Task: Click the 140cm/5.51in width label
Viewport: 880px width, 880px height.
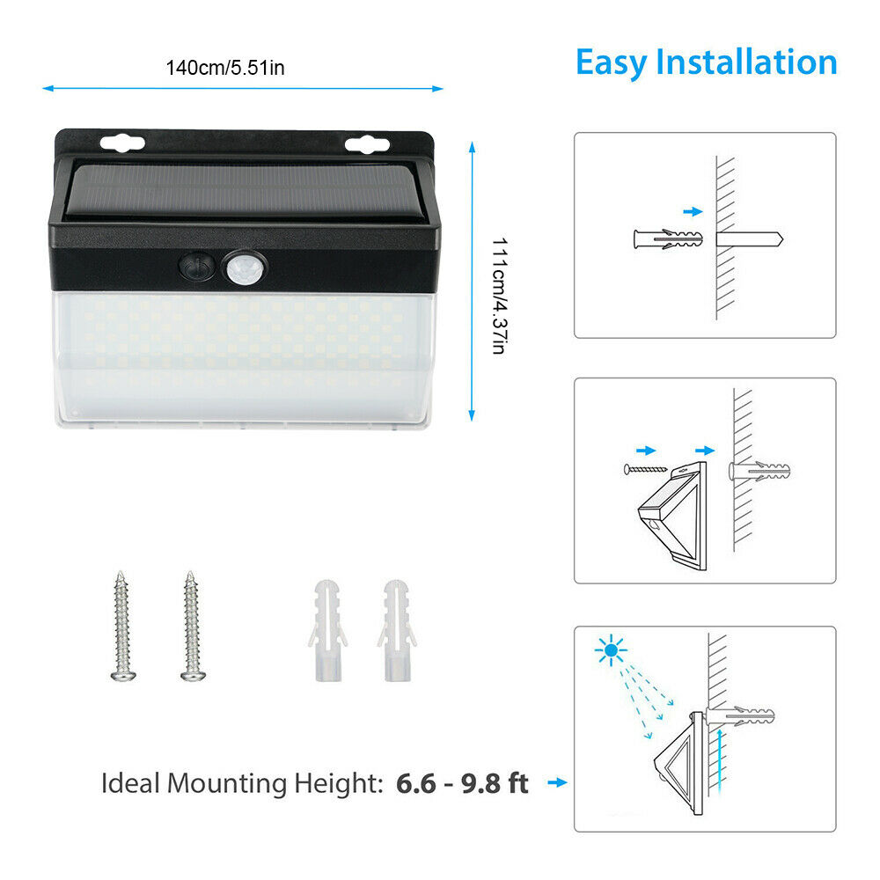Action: (x=225, y=68)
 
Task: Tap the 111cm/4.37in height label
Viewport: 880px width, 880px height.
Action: (x=500, y=296)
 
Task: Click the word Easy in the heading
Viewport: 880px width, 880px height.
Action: (x=612, y=62)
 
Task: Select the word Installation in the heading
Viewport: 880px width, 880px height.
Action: (x=746, y=62)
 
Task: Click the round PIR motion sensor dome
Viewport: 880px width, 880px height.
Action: (x=245, y=268)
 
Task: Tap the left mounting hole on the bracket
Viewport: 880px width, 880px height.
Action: (x=122, y=143)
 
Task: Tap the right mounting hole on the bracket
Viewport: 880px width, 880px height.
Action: (x=367, y=145)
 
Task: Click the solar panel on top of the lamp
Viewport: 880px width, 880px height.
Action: (x=244, y=191)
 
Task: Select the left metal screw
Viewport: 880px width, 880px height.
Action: (x=122, y=626)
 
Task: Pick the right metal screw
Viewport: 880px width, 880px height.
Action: (x=192, y=626)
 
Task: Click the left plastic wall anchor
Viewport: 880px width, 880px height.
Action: (x=327, y=630)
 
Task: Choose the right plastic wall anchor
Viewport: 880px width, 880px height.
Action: (x=398, y=630)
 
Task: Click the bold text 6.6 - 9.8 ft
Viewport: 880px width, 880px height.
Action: (x=462, y=783)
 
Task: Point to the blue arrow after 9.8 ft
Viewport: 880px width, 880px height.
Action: (x=557, y=782)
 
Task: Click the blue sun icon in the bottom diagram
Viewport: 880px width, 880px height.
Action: (x=611, y=650)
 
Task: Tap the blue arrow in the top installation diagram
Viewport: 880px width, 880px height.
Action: (x=693, y=211)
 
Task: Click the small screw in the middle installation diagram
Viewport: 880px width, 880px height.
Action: (x=645, y=469)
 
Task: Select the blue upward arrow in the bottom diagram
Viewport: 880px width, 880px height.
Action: (x=719, y=761)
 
